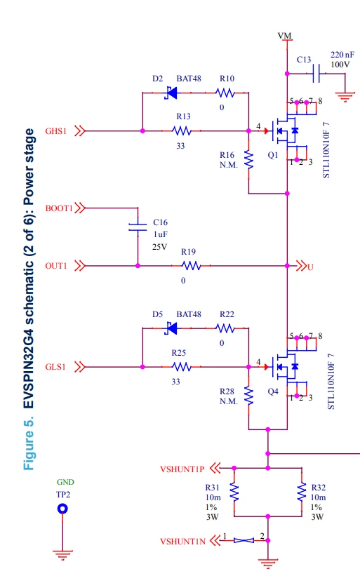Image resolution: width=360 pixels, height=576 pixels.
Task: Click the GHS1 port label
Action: (56, 131)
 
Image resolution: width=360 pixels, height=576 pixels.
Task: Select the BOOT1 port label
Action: (59, 208)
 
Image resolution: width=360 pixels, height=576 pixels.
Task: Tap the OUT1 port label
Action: (56, 266)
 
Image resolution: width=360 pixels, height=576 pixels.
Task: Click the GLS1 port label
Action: (55, 367)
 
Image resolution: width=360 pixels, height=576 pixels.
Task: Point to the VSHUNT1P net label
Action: (182, 469)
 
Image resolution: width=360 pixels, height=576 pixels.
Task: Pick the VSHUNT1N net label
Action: (182, 542)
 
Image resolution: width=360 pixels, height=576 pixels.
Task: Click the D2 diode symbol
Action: (171, 93)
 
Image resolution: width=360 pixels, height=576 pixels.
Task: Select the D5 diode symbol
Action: (171, 328)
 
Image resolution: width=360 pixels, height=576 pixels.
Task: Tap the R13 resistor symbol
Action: (182, 130)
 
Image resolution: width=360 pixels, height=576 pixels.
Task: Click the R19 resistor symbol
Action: (192, 266)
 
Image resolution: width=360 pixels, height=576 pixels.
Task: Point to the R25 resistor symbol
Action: (182, 367)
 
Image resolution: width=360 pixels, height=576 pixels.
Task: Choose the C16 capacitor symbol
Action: (138, 227)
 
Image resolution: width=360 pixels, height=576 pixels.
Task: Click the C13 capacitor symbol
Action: (316, 74)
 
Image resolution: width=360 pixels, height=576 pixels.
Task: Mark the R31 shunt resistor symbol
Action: (234, 492)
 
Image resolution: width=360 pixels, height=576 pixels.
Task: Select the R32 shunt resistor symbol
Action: (302, 492)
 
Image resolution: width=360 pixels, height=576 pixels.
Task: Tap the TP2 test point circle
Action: (62, 509)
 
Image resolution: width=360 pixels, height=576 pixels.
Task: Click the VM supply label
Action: (284, 35)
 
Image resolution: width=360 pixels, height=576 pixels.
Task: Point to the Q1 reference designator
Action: (273, 155)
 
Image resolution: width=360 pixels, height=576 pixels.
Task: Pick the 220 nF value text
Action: (342, 55)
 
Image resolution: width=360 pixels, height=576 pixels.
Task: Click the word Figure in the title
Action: (29, 450)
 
